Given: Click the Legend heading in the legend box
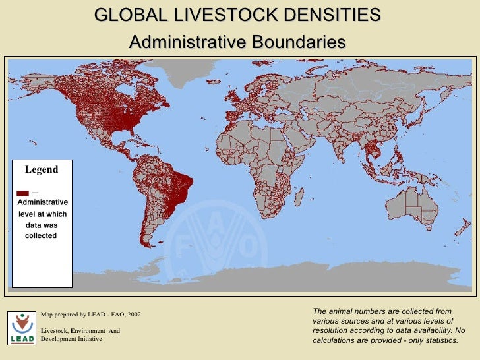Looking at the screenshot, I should point(42,169).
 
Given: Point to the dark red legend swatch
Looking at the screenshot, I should point(22,193).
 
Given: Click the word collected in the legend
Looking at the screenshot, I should point(41,235).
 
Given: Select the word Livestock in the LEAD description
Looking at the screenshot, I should point(57,330).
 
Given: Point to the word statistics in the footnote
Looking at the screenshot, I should point(439,340).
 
